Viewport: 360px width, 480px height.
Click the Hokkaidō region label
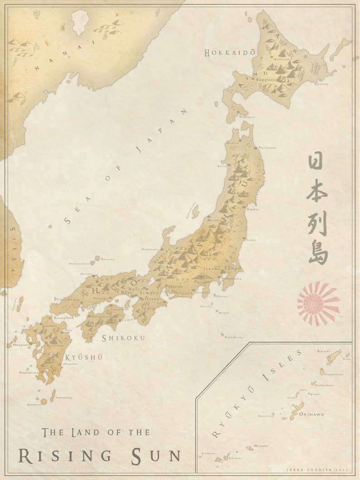pyautogui.click(x=229, y=53)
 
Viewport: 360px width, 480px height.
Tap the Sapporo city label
pyautogui.click(x=266, y=80)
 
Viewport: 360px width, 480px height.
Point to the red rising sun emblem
pyautogui.click(x=318, y=303)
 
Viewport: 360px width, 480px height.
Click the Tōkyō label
pyautogui.click(x=233, y=268)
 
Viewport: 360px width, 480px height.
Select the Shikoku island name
pyautogui.click(x=123, y=338)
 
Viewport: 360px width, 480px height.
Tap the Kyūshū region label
pyautogui.click(x=84, y=357)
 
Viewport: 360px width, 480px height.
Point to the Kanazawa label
pyautogui.click(x=150, y=249)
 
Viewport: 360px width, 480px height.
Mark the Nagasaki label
pyautogui.click(x=21, y=344)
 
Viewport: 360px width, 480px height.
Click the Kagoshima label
pyautogui.click(x=28, y=373)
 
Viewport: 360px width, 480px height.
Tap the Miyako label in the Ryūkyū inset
pyautogui.click(x=261, y=446)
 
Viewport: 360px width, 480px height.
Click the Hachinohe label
pyautogui.click(x=267, y=147)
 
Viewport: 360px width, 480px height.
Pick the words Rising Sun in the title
pyautogui.click(x=99, y=455)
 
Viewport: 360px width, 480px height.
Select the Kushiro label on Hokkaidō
pyautogui.click(x=321, y=84)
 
